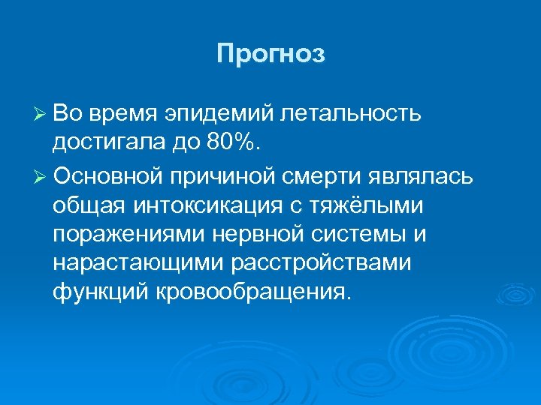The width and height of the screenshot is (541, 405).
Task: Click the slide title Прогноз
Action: (x=270, y=55)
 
